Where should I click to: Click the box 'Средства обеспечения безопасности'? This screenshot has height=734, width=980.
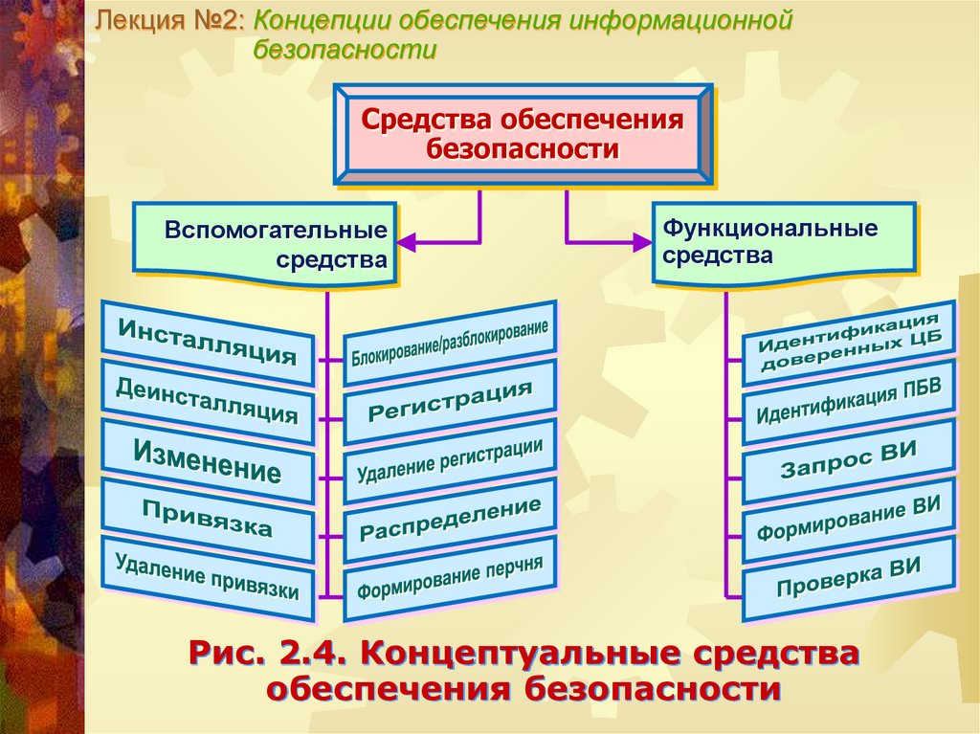[x=522, y=134]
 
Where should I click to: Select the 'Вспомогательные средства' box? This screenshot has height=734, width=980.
[x=265, y=244]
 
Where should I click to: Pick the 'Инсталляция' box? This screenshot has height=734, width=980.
[x=208, y=343]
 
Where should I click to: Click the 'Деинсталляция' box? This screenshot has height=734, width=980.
[x=208, y=401]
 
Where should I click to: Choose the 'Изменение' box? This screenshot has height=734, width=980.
[x=208, y=461]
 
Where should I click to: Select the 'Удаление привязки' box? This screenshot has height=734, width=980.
[x=208, y=576]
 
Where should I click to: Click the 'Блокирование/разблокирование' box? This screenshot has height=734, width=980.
[x=450, y=345]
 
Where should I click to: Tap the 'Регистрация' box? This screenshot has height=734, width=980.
[x=450, y=403]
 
